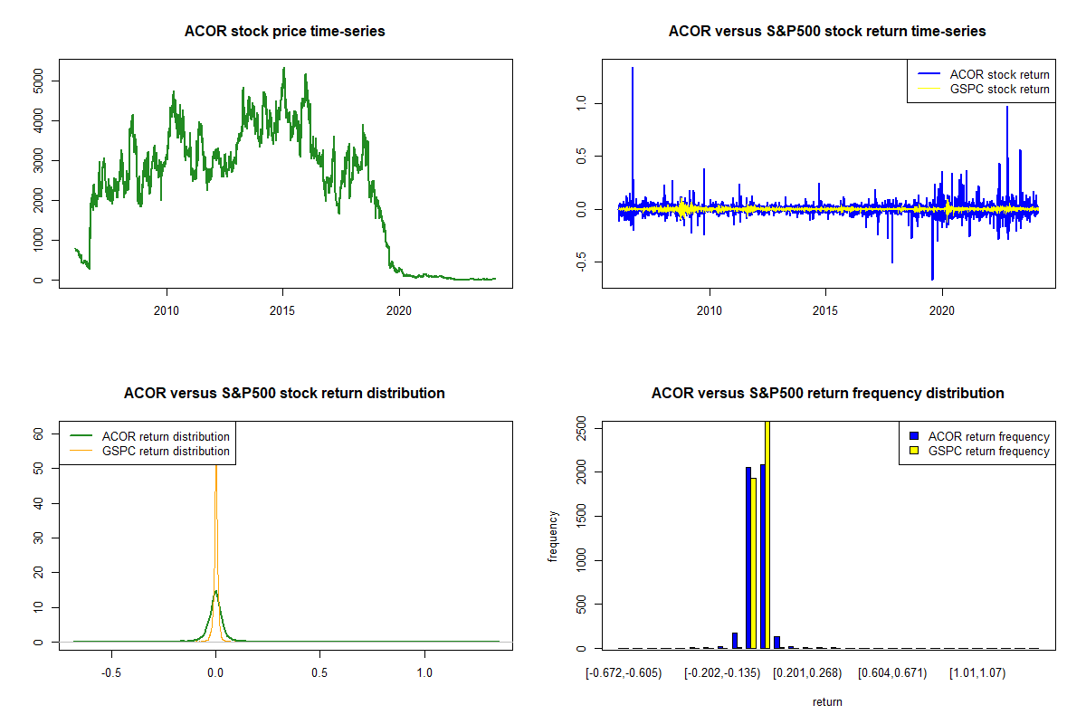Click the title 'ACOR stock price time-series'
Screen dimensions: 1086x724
coord(284,31)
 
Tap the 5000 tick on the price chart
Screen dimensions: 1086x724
coord(38,81)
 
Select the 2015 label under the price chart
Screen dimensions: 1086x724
coord(282,310)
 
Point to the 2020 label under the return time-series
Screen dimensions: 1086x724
coord(941,310)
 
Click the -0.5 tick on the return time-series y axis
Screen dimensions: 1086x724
coord(581,262)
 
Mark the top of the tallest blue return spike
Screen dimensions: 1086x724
coord(633,67)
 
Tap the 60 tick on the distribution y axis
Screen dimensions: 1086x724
coord(38,434)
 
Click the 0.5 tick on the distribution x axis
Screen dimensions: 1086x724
coord(319,672)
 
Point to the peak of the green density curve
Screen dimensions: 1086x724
coord(215,591)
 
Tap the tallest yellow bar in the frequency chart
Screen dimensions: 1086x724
coord(767,534)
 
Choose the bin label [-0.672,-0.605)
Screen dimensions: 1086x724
coord(624,673)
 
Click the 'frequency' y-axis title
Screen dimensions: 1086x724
coord(553,537)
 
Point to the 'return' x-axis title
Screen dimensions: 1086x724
coord(827,701)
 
